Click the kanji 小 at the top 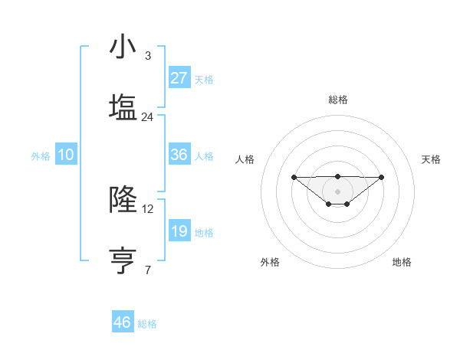[x=123, y=47]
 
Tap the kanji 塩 [x=123, y=108]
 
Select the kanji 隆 [x=123, y=200]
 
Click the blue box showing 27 [x=179, y=77]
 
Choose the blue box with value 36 [x=179, y=155]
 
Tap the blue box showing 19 [x=179, y=231]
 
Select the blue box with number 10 [x=66, y=155]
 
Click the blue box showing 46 [x=123, y=322]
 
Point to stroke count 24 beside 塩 [x=148, y=117]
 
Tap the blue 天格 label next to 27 [x=204, y=79]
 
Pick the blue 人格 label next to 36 [x=204, y=156]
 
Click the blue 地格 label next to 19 [x=204, y=233]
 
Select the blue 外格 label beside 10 [x=41, y=156]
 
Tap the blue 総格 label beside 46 [x=147, y=324]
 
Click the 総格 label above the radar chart [x=337, y=100]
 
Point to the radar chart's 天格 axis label [x=432, y=159]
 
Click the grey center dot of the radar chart [x=337, y=191]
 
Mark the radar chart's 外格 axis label [x=270, y=263]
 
